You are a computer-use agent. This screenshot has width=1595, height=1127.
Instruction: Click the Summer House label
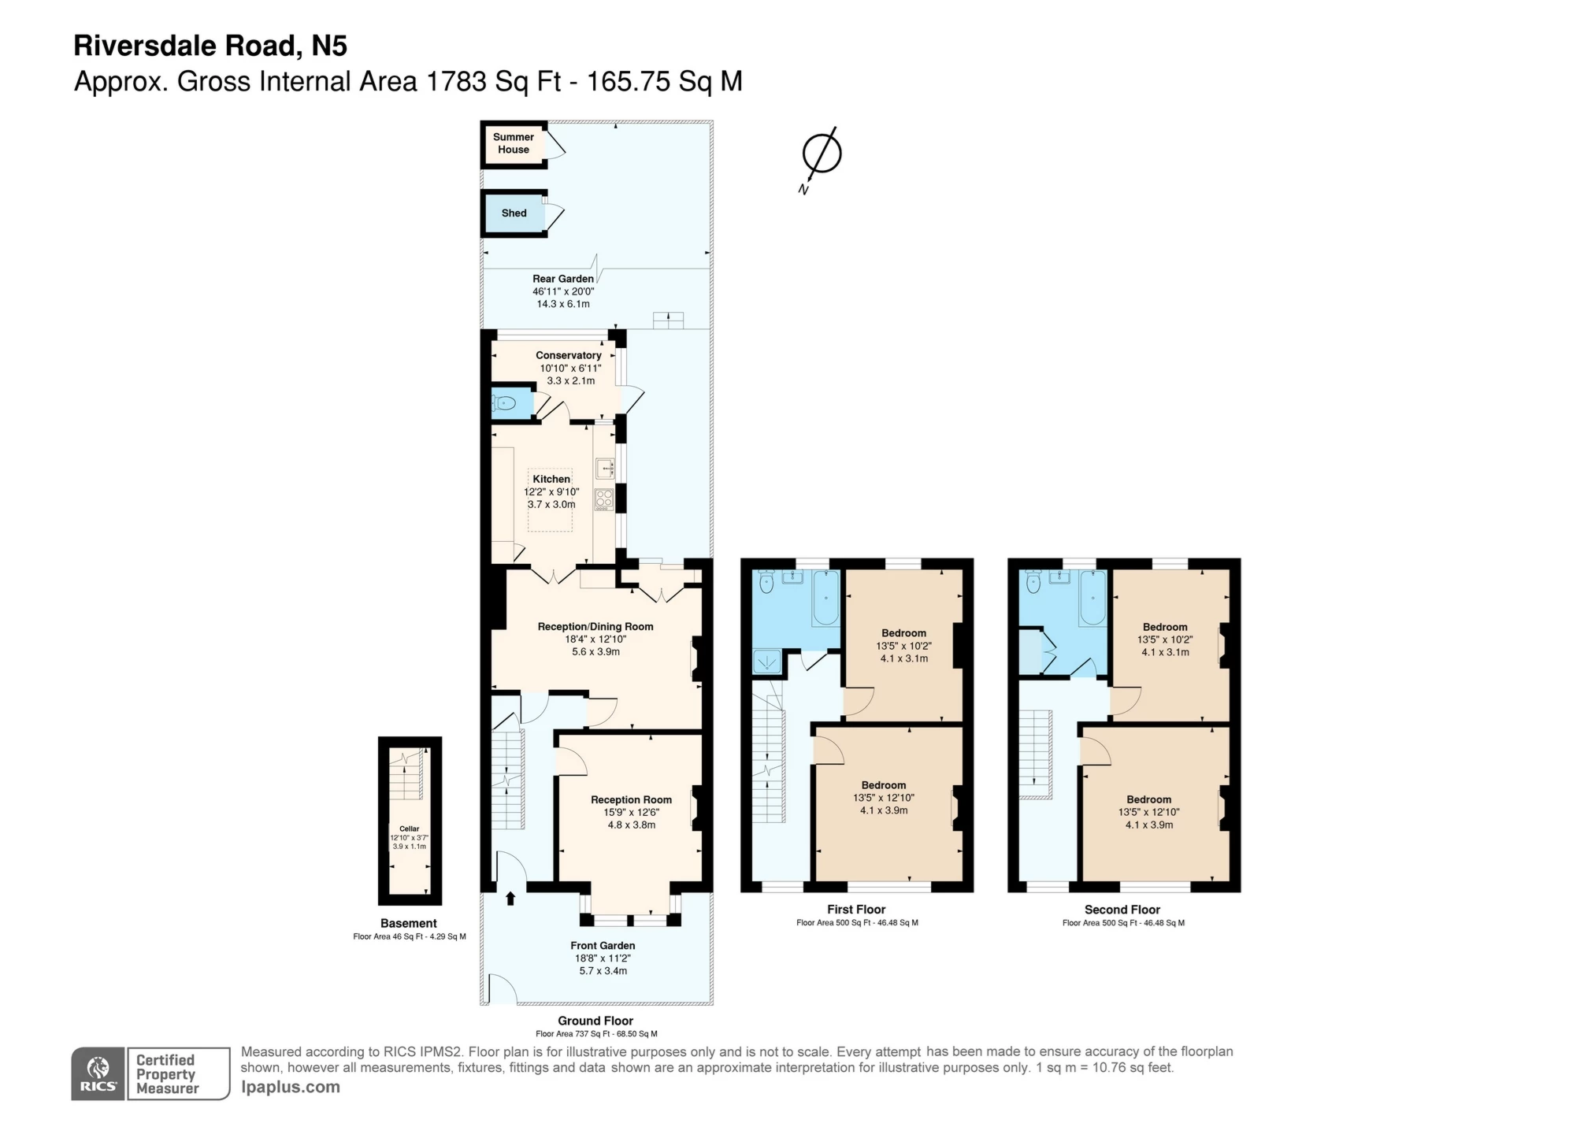click(513, 143)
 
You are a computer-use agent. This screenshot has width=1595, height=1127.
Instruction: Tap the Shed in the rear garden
click(514, 213)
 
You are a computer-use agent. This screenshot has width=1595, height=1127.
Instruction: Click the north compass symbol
click(821, 154)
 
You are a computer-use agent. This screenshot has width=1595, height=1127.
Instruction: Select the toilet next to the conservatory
click(505, 404)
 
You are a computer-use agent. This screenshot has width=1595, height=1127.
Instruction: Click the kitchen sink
click(604, 469)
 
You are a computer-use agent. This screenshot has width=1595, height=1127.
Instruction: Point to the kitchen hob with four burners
click(604, 499)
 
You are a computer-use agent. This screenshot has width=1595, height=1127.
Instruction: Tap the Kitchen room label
click(551, 479)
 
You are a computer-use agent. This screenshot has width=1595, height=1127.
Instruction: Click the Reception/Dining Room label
click(595, 627)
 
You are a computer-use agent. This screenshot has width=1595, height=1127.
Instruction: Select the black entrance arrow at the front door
click(510, 898)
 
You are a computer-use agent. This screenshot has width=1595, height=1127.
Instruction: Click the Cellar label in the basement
click(409, 829)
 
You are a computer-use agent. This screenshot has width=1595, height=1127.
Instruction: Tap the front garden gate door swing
click(501, 989)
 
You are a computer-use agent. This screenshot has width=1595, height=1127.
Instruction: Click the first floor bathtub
click(826, 599)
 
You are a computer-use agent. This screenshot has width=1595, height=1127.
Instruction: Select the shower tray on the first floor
click(766, 661)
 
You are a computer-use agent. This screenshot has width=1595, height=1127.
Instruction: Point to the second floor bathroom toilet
click(1034, 583)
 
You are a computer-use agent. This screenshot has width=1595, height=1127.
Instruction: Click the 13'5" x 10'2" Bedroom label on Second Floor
click(1165, 627)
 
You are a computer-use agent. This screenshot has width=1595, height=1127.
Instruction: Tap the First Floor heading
click(856, 909)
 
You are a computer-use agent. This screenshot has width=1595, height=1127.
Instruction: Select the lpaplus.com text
click(291, 1087)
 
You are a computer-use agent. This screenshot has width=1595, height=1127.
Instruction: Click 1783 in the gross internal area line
click(456, 82)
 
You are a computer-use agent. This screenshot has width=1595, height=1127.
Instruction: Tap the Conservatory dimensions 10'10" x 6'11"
click(570, 368)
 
